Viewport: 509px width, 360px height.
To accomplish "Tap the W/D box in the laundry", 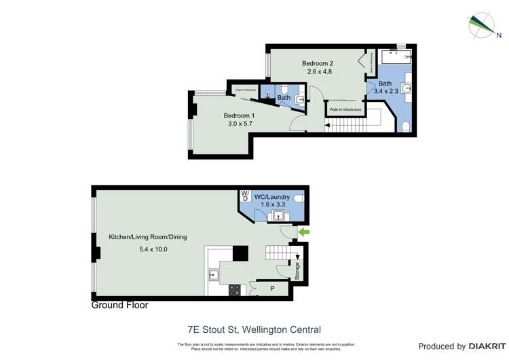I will [244, 196].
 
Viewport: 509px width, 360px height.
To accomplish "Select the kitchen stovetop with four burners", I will [234, 290].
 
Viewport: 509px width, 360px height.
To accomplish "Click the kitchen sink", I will [213, 275].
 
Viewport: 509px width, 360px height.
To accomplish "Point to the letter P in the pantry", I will [273, 289].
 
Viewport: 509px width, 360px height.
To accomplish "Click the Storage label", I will [297, 272].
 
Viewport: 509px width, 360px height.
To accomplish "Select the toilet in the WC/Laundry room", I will [299, 198].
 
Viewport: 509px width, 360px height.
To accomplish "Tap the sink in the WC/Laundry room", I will [278, 217].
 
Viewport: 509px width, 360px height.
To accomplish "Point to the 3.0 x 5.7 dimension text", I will [238, 124].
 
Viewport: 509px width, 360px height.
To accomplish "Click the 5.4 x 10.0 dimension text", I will [148, 249].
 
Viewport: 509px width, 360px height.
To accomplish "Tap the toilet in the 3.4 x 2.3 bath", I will [405, 126].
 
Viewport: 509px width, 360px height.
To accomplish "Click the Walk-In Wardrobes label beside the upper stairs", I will [345, 109].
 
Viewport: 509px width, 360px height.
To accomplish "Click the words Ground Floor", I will [119, 306].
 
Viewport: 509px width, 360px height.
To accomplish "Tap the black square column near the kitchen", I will [240, 253].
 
